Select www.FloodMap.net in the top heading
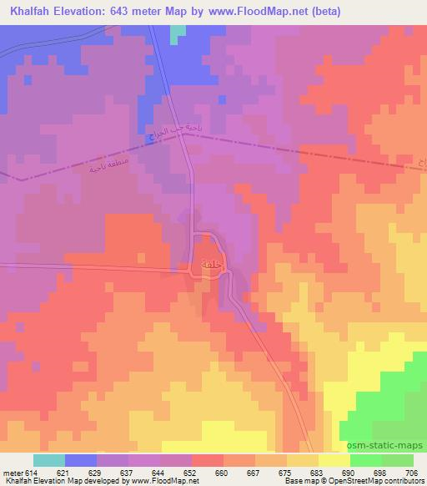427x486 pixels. tap(250, 9)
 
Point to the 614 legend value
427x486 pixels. tap(31, 473)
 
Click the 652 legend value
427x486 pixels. tap(191, 473)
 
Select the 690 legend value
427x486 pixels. tap(349, 473)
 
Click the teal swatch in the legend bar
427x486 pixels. tap(49, 460)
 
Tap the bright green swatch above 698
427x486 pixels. tap(366, 460)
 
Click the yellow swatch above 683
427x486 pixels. tap(303, 460)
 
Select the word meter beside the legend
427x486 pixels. tap(12, 473)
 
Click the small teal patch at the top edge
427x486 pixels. tap(178, 33)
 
